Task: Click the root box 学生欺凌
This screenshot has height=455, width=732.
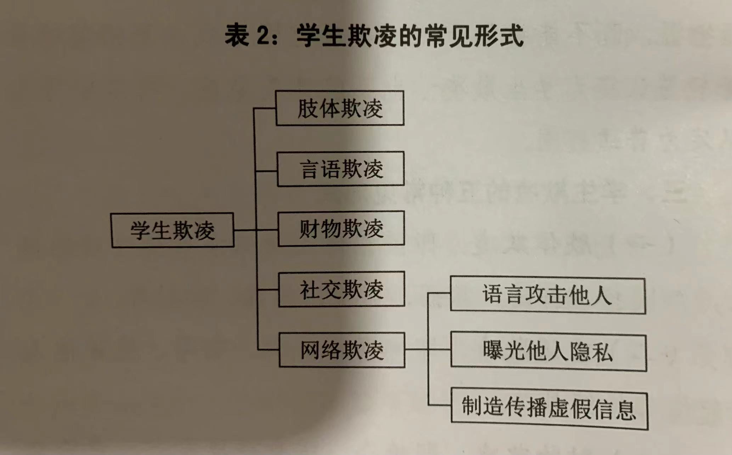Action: click(x=172, y=230)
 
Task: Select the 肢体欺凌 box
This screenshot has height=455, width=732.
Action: click(x=339, y=108)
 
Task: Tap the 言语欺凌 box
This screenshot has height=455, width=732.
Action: click(x=340, y=169)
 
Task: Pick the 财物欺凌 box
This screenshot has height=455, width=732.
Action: click(x=341, y=229)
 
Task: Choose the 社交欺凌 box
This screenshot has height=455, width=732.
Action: click(x=342, y=289)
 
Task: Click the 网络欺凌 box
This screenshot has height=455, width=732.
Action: click(x=342, y=350)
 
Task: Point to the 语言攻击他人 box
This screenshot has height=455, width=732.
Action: click(x=547, y=296)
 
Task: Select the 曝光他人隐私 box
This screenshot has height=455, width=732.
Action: click(x=548, y=352)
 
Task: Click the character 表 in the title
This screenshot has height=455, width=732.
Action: click(x=237, y=35)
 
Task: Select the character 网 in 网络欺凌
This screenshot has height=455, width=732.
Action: click(x=310, y=350)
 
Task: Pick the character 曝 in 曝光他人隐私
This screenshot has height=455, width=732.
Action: click(x=492, y=352)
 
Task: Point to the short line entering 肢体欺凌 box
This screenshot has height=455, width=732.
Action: click(x=265, y=108)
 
